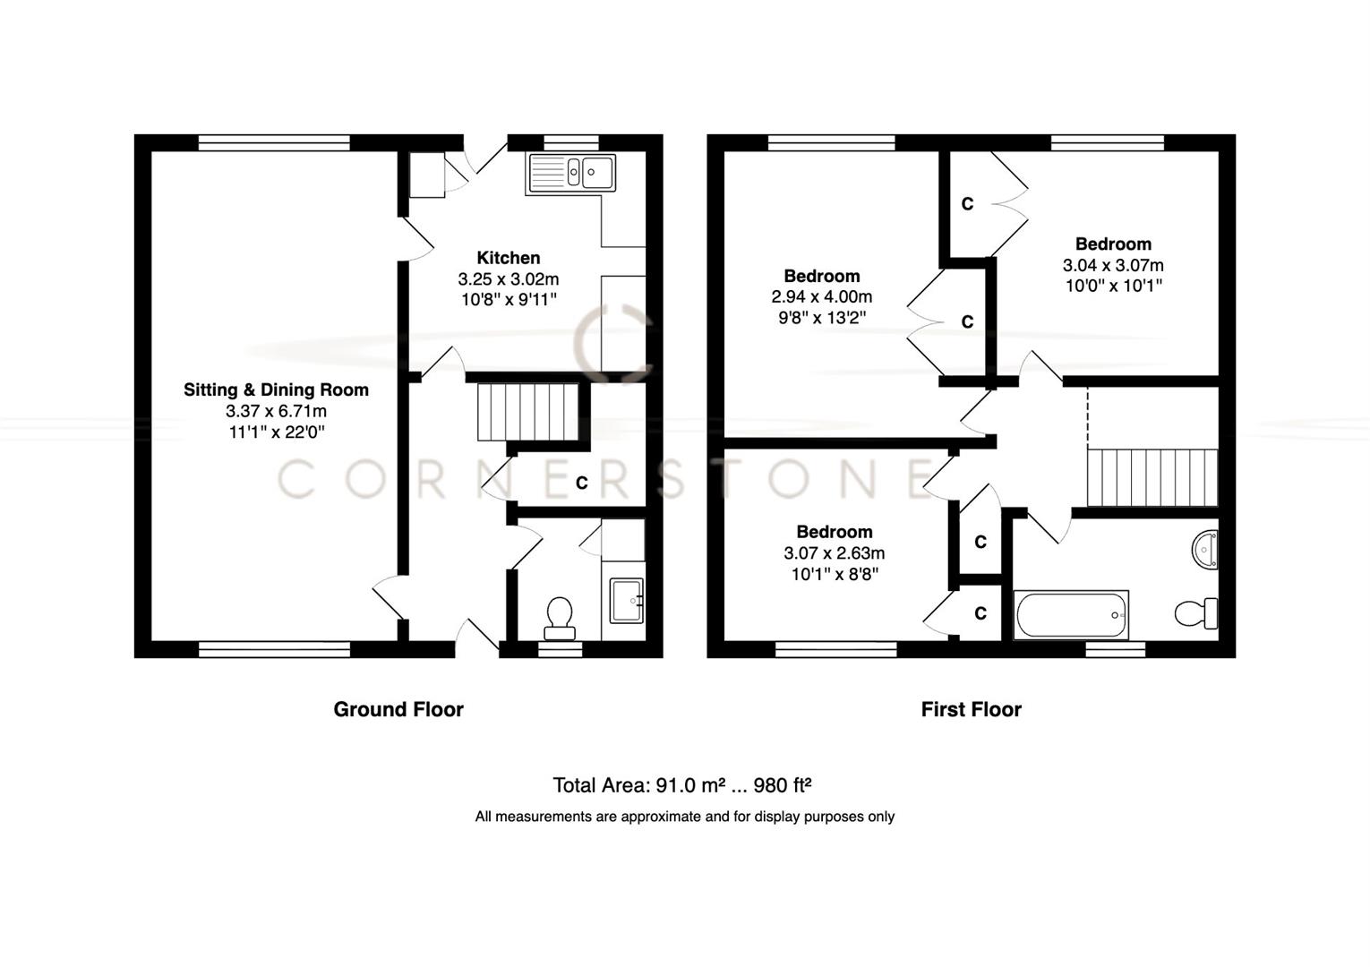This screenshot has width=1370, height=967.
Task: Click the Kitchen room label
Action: (x=508, y=258)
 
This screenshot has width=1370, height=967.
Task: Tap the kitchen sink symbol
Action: (x=571, y=173)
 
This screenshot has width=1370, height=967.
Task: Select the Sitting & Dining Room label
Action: (x=276, y=389)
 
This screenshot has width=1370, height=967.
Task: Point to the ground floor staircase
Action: (x=527, y=412)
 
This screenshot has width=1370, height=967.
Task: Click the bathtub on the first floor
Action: (x=1070, y=614)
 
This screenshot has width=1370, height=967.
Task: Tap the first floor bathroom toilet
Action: (x=1195, y=613)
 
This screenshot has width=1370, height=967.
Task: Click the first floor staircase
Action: (x=1152, y=478)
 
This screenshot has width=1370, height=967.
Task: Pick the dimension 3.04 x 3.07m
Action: (x=1113, y=265)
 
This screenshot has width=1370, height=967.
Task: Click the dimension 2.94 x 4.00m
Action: (x=821, y=296)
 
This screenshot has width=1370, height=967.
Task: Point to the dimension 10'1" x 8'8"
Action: (x=835, y=574)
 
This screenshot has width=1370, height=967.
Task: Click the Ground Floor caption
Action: (x=398, y=709)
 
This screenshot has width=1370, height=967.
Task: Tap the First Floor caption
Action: (x=971, y=709)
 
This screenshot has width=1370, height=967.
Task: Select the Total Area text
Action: (x=682, y=785)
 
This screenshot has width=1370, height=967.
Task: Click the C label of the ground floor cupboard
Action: (x=581, y=483)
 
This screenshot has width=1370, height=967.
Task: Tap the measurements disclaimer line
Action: (x=684, y=817)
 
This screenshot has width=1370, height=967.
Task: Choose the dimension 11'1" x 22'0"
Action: (x=276, y=432)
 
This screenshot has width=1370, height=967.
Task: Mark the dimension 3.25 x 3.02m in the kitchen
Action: (x=508, y=279)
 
